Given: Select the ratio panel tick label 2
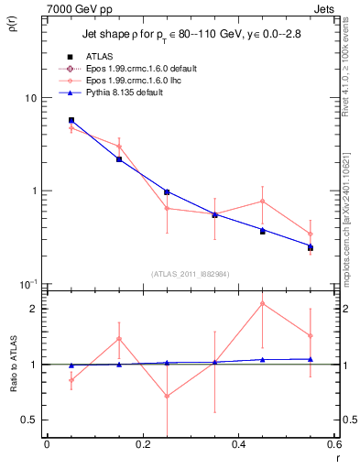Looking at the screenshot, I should click(33, 309).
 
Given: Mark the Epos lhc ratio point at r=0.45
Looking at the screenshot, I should click(263, 303).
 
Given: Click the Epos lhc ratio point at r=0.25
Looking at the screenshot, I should click(167, 396).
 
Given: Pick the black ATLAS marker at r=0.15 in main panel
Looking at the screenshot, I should click(119, 159).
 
